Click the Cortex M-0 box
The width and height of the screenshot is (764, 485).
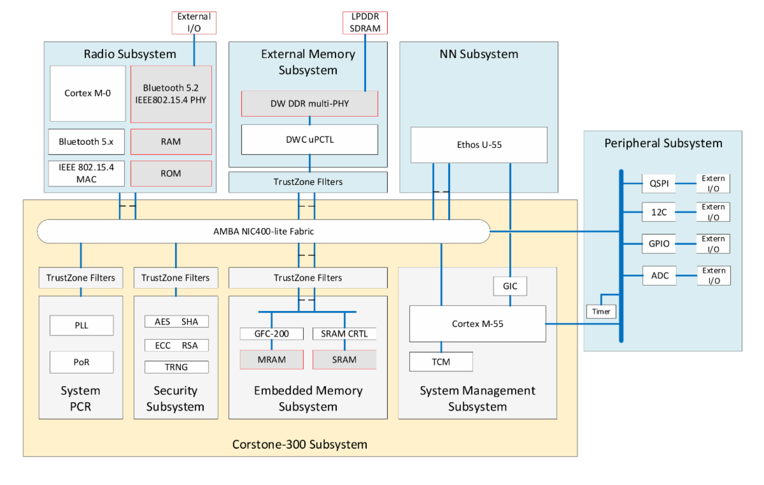click(x=88, y=93)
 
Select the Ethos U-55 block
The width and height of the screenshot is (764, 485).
click(x=479, y=145)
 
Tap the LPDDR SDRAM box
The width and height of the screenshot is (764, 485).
click(x=365, y=22)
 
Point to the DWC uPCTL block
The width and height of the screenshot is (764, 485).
click(x=309, y=140)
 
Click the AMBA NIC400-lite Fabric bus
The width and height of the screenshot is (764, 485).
click(x=264, y=231)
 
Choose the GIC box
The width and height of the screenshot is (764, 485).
click(x=510, y=286)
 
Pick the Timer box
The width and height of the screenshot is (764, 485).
click(x=601, y=312)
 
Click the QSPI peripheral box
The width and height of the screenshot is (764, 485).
click(x=658, y=184)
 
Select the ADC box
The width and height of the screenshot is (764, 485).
click(x=658, y=275)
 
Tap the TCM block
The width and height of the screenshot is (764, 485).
click(x=441, y=361)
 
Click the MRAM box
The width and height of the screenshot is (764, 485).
click(x=272, y=359)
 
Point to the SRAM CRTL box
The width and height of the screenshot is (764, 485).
click(x=344, y=333)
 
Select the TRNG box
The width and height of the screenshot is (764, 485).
click(x=176, y=367)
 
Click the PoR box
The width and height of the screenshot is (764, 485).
click(x=81, y=362)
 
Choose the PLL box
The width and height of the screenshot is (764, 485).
click(x=81, y=325)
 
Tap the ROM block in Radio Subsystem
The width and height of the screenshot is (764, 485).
click(x=171, y=173)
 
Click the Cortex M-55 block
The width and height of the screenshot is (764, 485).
click(x=477, y=324)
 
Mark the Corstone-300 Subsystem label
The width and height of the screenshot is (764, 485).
click(x=299, y=444)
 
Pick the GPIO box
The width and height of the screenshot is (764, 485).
click(x=658, y=243)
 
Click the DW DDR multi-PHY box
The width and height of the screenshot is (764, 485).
click(x=309, y=103)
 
